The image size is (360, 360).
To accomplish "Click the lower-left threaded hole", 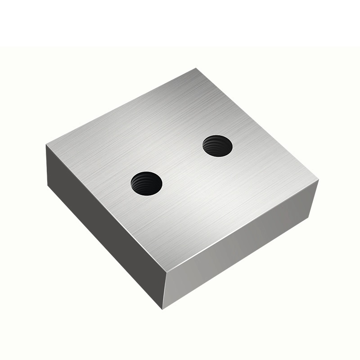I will (146, 183).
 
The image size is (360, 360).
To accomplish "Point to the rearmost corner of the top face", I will (196, 69).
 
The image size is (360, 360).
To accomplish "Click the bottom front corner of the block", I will (163, 309).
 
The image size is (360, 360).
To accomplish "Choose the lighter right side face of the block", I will (238, 252).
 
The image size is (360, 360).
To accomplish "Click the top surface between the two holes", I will (182, 165).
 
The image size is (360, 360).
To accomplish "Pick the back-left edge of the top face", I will (121, 107).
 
